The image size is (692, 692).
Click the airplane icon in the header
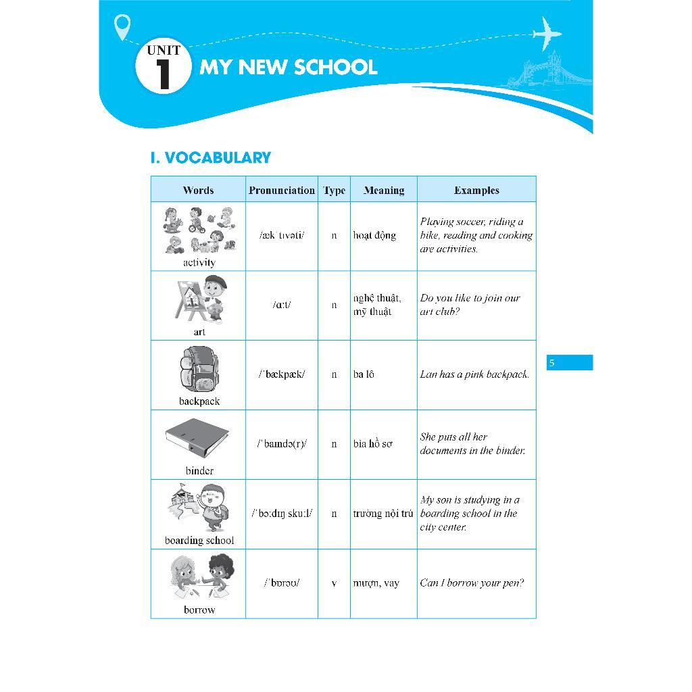547,33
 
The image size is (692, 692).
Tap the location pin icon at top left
122,27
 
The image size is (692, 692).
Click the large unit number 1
163,74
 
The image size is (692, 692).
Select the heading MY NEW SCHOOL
289,68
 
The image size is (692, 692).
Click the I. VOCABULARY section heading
210,158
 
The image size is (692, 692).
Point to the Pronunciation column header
281,191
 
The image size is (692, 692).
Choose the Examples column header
476,191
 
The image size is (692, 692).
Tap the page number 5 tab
569,363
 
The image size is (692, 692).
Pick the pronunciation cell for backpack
281,374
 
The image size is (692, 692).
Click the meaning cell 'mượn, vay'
376,583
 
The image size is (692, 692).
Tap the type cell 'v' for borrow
334,583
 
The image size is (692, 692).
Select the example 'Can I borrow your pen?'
472,583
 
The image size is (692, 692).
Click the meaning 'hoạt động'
374,236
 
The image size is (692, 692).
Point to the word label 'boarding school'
199,541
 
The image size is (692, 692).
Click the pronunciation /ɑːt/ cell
281,305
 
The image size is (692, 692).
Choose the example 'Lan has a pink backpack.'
474,374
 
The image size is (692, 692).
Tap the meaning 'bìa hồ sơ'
372,444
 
